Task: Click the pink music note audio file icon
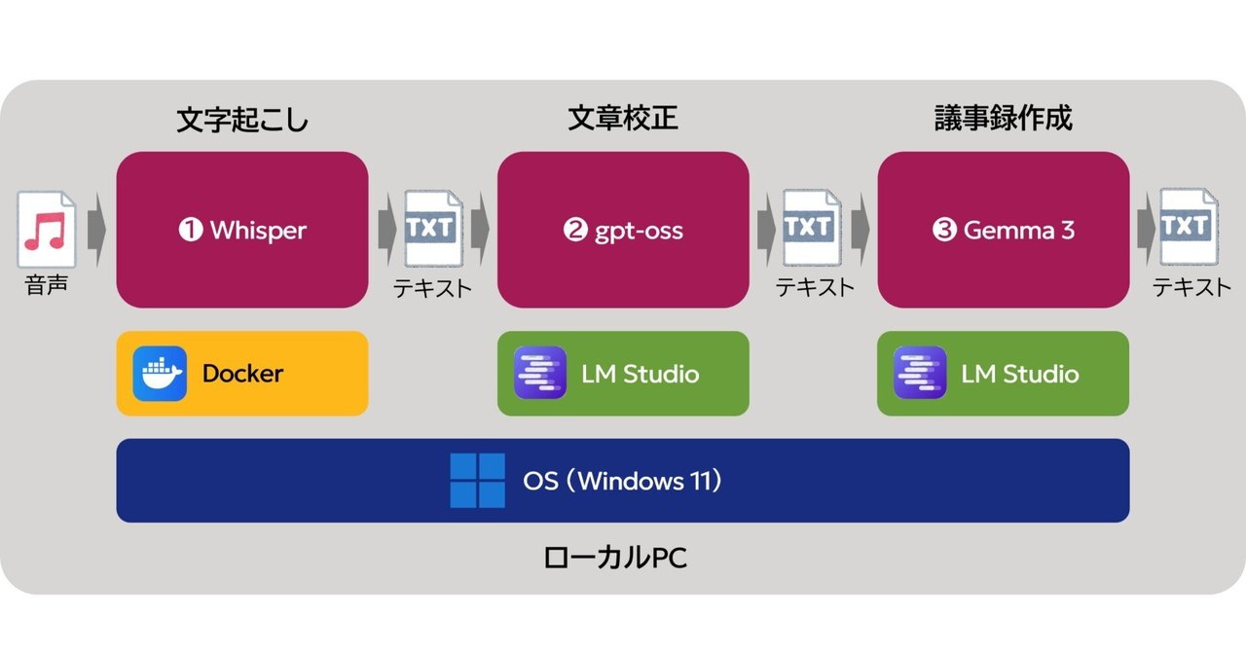tap(46, 230)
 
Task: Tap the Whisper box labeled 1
tap(242, 230)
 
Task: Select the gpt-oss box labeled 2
tap(623, 230)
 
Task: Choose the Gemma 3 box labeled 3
tap(1004, 230)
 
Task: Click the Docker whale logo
tap(160, 374)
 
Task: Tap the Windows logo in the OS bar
tap(477, 481)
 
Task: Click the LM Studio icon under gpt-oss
tap(539, 373)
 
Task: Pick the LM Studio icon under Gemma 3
tap(920, 373)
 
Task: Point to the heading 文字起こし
tap(242, 120)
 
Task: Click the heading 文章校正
tap(623, 118)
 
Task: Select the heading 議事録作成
tap(1004, 118)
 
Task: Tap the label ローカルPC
tap(615, 558)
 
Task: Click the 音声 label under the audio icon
tap(46, 285)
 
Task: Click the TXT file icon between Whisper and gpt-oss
tap(434, 228)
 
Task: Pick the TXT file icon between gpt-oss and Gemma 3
tap(812, 227)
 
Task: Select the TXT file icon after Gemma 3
tap(1189, 227)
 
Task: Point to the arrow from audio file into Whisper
tap(96, 230)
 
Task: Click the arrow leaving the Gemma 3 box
tap(1147, 229)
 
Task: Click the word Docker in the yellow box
tap(242, 374)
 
